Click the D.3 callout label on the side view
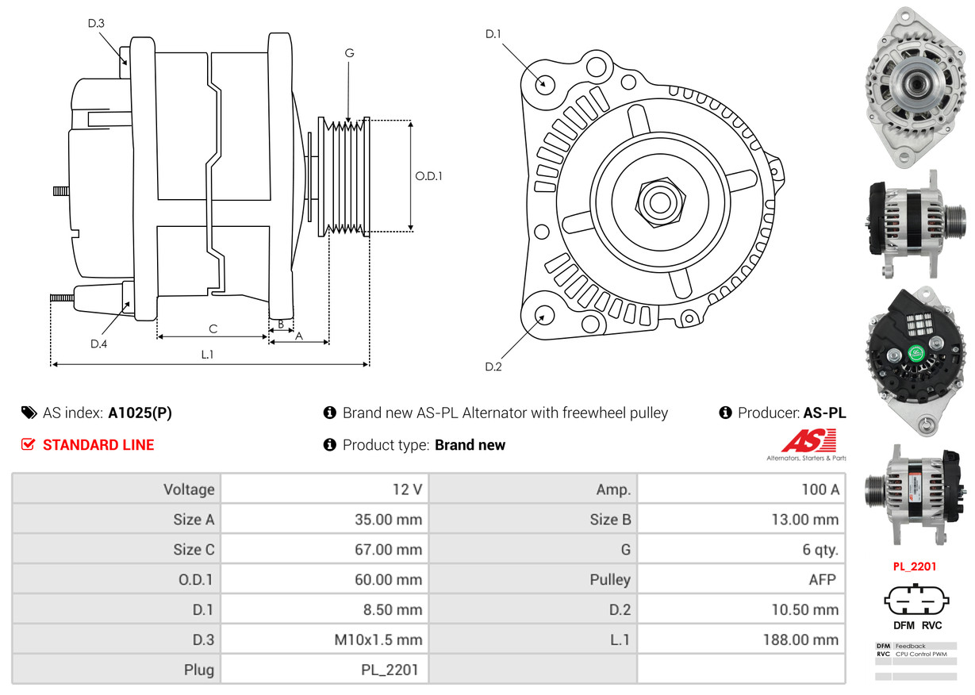(96, 24)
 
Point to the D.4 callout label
(98, 344)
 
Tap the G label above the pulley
(349, 53)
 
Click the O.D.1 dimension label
(428, 176)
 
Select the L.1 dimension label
(207, 355)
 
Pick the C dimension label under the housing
(213, 328)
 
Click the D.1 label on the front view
(493, 34)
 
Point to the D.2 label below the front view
(493, 367)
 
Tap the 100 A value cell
(820, 490)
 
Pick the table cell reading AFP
(822, 579)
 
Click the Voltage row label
(189, 490)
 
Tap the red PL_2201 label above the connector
(915, 566)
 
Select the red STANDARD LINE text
(98, 445)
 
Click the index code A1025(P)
(140, 413)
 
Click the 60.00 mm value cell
(388, 579)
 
